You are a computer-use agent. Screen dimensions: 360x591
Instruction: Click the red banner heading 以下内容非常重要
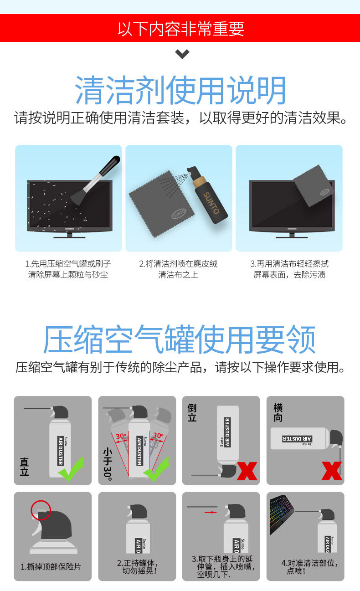[x=180, y=29]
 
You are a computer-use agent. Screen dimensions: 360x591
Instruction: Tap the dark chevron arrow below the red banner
[x=182, y=54]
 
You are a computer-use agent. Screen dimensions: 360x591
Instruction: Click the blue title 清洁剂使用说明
[x=180, y=90]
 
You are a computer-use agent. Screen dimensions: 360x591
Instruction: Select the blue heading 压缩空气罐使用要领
[x=180, y=339]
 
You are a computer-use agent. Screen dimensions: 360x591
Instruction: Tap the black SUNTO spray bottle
[x=207, y=195]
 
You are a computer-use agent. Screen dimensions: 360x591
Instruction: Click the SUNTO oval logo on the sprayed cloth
[x=179, y=214]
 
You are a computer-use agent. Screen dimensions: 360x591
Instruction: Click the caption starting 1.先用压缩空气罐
[x=68, y=269]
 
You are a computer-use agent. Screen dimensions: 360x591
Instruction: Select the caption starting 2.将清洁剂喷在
[x=179, y=269]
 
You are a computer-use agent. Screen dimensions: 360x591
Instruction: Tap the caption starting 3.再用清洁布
[x=289, y=269]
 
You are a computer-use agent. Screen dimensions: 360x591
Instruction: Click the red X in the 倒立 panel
[x=247, y=471]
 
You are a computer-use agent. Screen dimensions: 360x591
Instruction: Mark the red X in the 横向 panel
[x=332, y=471]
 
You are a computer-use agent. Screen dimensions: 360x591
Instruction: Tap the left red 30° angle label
[x=121, y=436]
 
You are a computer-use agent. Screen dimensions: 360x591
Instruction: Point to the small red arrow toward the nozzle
[x=211, y=512]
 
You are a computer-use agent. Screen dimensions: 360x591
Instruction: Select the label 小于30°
[x=108, y=464]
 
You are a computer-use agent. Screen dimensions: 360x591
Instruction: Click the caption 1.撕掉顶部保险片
[x=51, y=567]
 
